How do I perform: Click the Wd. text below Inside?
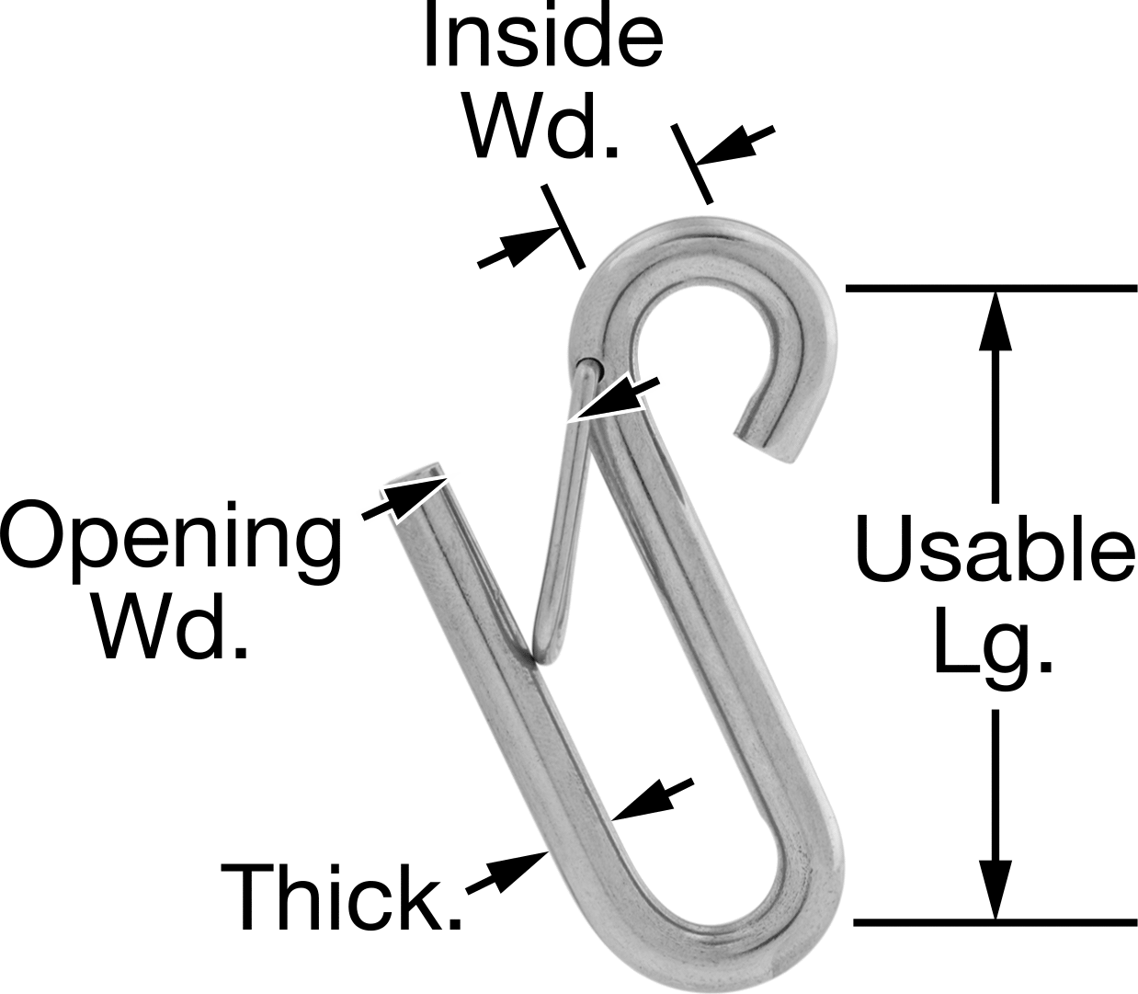click(x=542, y=126)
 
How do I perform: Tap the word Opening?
click(x=171, y=543)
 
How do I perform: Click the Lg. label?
click(x=994, y=649)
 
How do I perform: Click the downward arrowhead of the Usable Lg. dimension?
click(x=996, y=890)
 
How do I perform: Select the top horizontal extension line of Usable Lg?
click(x=991, y=288)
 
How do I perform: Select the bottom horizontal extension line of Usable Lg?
click(x=996, y=923)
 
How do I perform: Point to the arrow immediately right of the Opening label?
click(x=405, y=497)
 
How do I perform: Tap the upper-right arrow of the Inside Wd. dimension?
click(x=734, y=145)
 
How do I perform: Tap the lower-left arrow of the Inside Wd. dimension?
click(x=519, y=247)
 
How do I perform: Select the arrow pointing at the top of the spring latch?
click(x=616, y=398)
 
